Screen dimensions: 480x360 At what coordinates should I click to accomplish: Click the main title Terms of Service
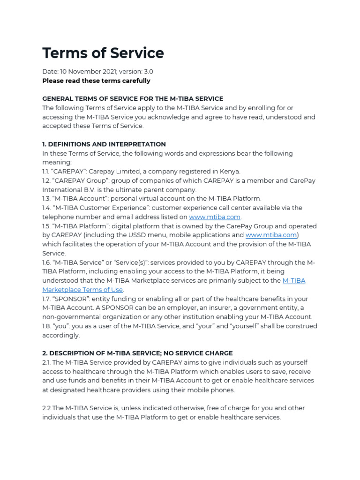coord(103,53)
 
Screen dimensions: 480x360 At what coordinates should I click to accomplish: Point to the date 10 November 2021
coord(87,72)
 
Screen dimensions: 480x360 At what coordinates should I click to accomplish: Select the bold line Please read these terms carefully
coord(96,81)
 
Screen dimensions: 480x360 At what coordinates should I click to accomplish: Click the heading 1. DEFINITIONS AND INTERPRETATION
coord(104,144)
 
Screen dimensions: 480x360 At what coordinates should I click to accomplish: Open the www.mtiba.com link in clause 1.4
coord(214,217)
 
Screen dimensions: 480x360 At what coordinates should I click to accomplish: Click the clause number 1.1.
coord(46,172)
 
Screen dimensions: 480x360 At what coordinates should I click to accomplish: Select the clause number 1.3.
coord(47,199)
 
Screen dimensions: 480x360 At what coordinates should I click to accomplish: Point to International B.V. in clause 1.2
coord(65,190)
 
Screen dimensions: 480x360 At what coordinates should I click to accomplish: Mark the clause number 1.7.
coord(47,299)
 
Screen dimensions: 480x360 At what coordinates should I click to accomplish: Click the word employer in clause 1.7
coord(173,308)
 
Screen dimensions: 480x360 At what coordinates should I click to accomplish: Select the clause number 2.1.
coord(46,362)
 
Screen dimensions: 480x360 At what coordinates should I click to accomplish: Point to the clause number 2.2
coord(47,408)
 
